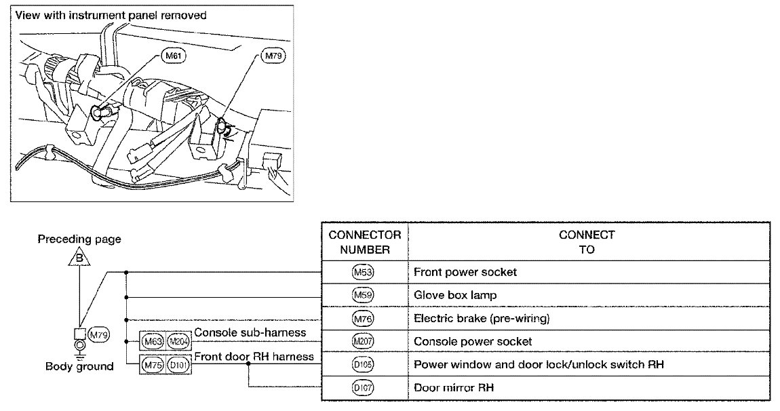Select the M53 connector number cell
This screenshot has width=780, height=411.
tap(364, 272)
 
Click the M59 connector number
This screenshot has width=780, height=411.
tap(364, 295)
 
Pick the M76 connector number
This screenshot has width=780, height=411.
tap(364, 319)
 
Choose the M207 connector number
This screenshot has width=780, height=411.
tap(364, 341)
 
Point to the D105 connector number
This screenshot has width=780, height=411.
tap(364, 364)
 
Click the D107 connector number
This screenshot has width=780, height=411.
tap(364, 388)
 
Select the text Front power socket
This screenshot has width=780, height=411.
tap(465, 272)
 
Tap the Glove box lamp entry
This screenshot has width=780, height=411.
tap(455, 295)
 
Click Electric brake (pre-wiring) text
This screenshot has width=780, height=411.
tap(481, 319)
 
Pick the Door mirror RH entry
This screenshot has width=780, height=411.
tap(452, 388)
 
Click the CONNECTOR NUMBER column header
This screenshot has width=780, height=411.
tap(364, 242)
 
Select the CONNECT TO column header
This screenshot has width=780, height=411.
tap(587, 242)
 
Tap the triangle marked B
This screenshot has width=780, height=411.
tap(79, 258)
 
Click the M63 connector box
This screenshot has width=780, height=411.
tap(151, 341)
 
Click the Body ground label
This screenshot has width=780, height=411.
tap(79, 367)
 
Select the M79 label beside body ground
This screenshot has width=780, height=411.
tap(99, 333)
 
